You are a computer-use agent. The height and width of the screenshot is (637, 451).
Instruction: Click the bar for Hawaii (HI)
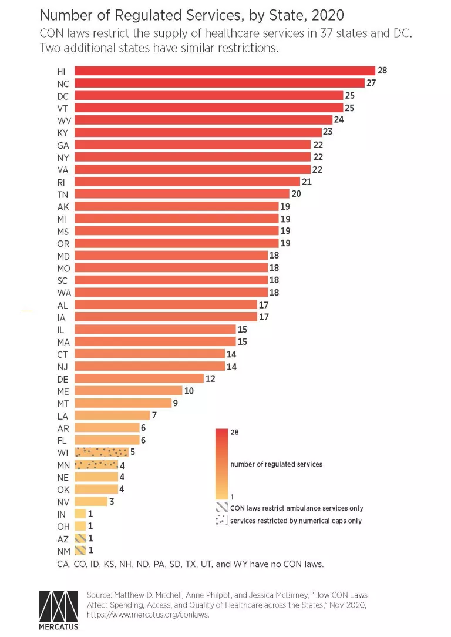pos(225,71)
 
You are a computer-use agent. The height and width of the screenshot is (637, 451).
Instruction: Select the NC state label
pos(63,83)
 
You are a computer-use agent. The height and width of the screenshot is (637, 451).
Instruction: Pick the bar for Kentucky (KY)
pos(198,132)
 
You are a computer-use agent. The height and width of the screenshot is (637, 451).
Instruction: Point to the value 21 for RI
pos(307,182)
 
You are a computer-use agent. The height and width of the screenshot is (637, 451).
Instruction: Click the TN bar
pos(182,194)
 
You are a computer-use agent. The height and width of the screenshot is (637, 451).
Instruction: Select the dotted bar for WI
pos(102,452)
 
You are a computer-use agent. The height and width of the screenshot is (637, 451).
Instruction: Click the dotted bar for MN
pos(96,464)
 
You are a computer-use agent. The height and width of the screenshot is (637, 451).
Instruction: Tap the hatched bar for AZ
pos(80,538)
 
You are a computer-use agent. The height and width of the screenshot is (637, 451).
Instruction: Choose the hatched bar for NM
pos(80,551)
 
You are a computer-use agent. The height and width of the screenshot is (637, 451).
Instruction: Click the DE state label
pos(63,378)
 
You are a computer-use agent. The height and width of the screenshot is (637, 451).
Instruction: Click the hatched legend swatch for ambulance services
pos(221,508)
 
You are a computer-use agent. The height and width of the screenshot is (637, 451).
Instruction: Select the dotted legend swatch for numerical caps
pos(221,521)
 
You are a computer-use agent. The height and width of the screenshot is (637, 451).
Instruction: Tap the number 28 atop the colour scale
pos(235,433)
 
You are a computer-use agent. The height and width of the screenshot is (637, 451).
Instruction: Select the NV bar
pos(91,501)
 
